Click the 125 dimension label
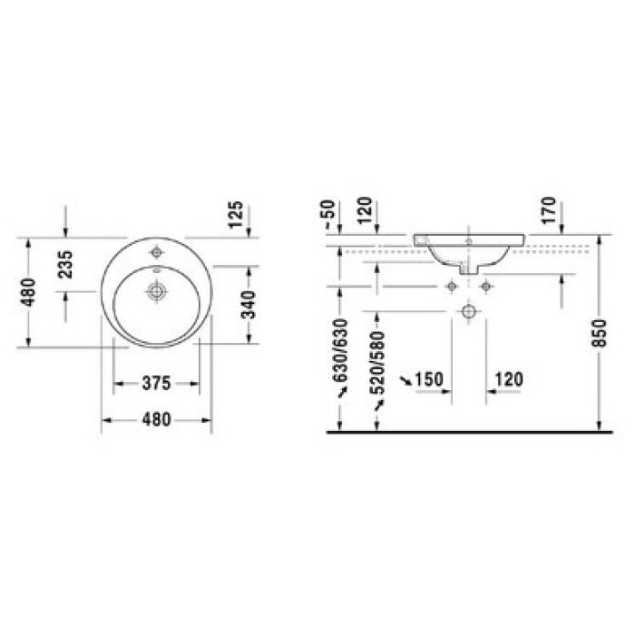pyautogui.click(x=236, y=215)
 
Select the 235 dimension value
pyautogui.click(x=65, y=265)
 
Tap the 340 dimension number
pyautogui.click(x=249, y=305)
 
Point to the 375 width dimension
pyautogui.click(x=156, y=383)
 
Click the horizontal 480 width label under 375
pyautogui.click(x=156, y=419)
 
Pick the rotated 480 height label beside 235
pyautogui.click(x=29, y=292)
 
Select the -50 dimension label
pyautogui.click(x=330, y=214)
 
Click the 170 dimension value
pyautogui.click(x=549, y=210)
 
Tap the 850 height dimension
pyautogui.click(x=600, y=333)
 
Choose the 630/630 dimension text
pyautogui.click(x=340, y=350)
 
